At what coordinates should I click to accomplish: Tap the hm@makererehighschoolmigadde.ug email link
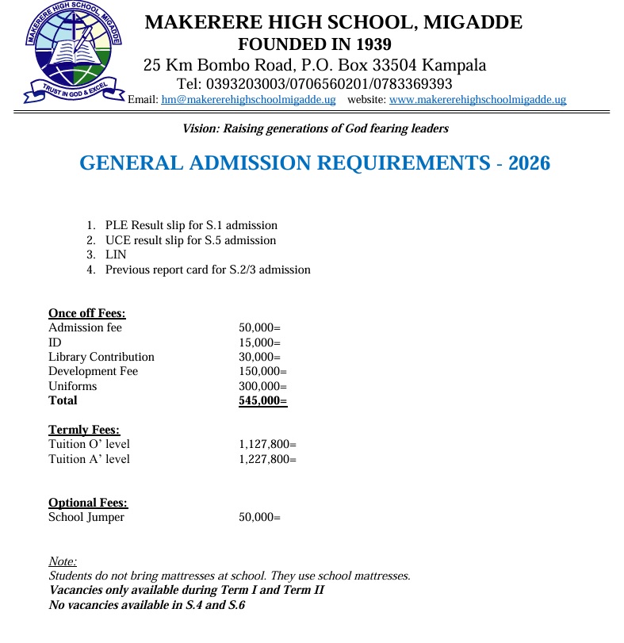coord(248,100)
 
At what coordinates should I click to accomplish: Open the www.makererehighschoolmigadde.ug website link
coord(477,100)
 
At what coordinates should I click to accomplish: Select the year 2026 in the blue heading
coord(529,163)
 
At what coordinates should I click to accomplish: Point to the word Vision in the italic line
coord(200,128)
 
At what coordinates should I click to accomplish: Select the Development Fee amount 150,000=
coord(262,371)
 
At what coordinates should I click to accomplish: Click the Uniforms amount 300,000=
coord(262,386)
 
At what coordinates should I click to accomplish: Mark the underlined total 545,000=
coord(262,400)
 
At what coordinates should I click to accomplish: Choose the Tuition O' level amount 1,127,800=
coord(267,444)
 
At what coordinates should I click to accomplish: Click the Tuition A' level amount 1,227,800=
coord(267,459)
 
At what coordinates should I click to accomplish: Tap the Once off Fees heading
coord(86,313)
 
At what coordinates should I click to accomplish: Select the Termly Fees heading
coord(84,430)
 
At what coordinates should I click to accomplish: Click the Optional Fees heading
coord(88,503)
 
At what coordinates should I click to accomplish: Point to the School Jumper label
coord(86,518)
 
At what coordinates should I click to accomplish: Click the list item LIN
coord(116,255)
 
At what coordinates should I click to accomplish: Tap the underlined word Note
coord(63,561)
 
